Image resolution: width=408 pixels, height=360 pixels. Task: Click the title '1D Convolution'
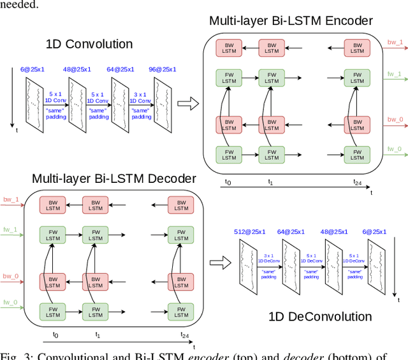89,44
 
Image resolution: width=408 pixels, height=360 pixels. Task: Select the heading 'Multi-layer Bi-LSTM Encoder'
291,20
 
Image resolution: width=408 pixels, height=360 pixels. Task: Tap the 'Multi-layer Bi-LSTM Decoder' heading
114,178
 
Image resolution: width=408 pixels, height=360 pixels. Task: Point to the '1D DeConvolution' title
328,317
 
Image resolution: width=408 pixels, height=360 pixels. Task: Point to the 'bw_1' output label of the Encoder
395,42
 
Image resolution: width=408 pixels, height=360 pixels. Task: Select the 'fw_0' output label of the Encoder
395,149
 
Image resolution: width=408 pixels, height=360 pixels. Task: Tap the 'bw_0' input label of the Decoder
11,277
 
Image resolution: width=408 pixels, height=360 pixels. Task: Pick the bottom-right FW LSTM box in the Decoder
181,312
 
